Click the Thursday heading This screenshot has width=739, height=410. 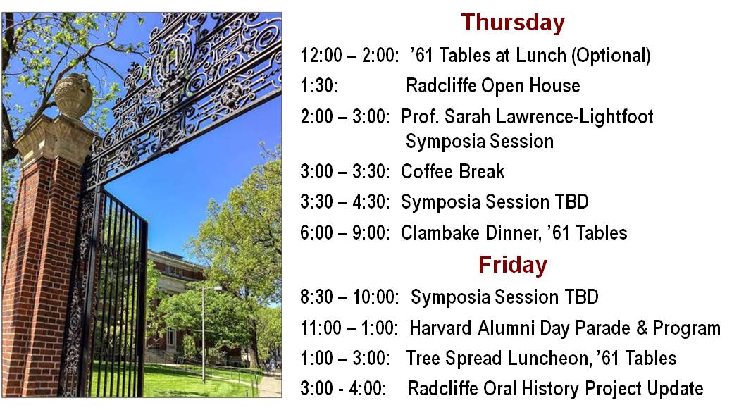[513, 23]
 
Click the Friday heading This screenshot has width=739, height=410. [513, 265]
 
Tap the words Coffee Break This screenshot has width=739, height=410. [452, 172]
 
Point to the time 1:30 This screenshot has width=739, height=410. [319, 86]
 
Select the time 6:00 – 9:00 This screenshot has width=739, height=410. [345, 232]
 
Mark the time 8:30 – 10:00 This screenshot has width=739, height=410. [349, 297]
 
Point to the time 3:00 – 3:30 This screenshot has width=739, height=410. [345, 172]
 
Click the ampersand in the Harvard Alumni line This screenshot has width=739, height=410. [642, 328]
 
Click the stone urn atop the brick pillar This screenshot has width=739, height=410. [73, 95]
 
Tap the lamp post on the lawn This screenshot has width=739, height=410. [204, 334]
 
